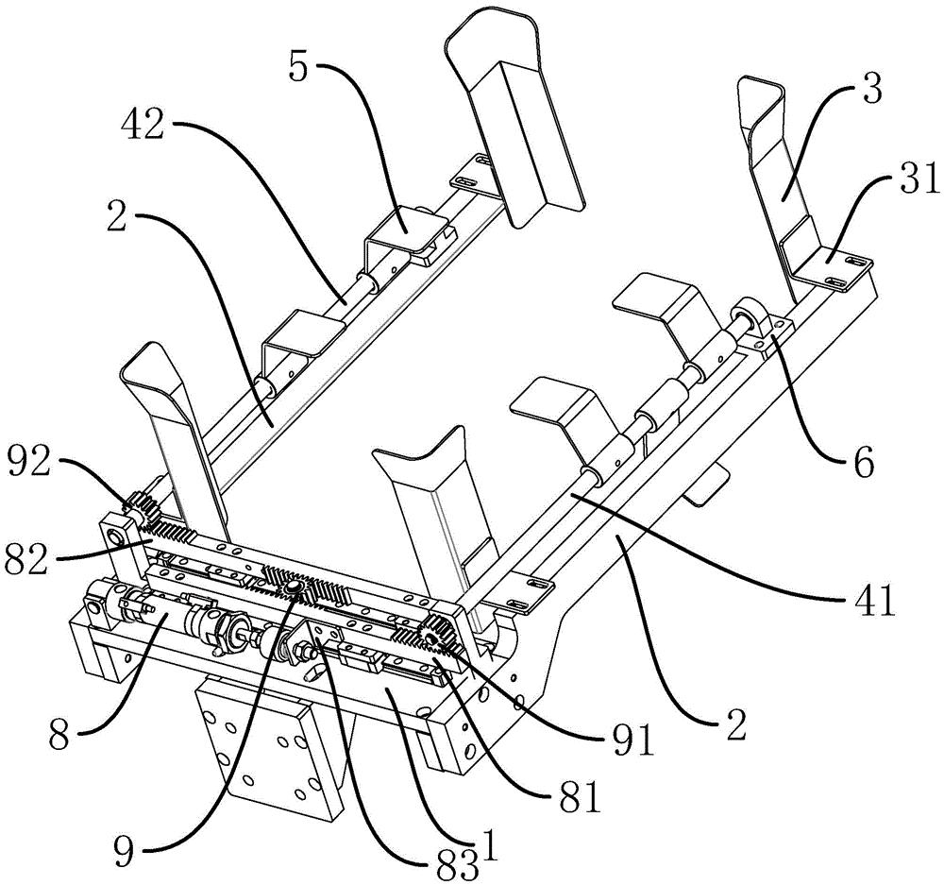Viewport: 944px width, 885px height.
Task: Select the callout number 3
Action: [869, 93]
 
